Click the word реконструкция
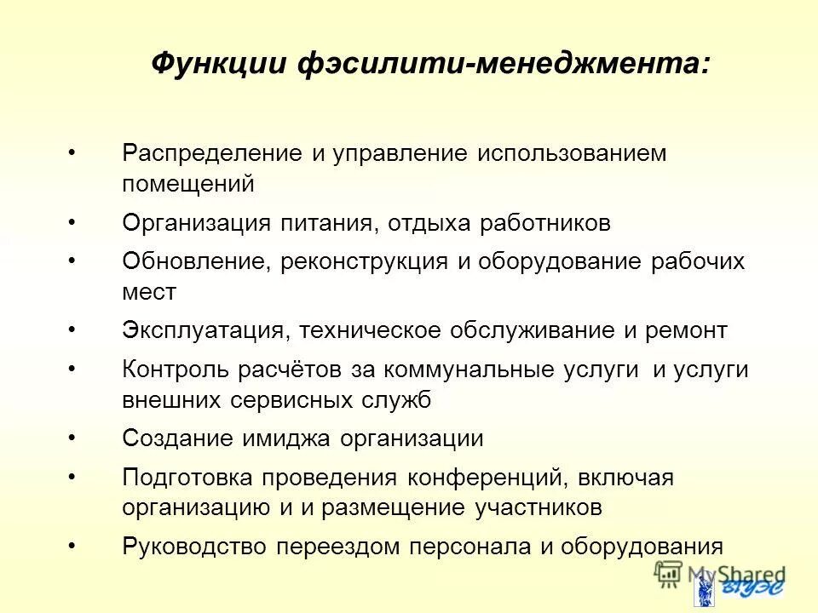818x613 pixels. [363, 261]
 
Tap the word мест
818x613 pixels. [149, 292]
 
